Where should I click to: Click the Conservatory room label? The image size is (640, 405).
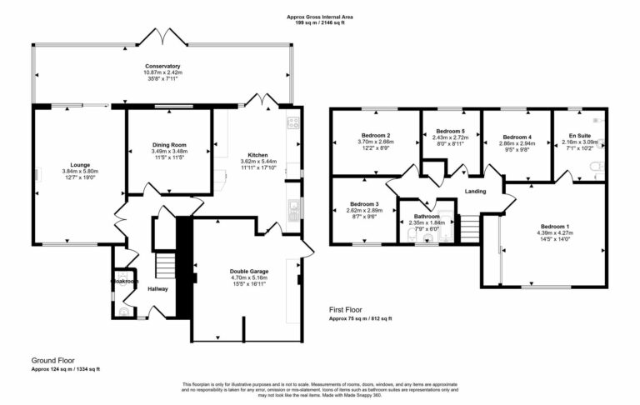click(162, 66)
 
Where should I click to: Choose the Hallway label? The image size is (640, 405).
click(157, 289)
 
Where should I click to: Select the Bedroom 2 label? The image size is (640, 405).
click(376, 135)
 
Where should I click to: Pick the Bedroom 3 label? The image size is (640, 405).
click(364, 204)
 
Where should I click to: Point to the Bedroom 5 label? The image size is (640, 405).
click(451, 131)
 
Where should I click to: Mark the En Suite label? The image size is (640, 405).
click(580, 135)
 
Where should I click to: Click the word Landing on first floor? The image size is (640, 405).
click(476, 191)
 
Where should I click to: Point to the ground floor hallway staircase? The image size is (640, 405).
click(166, 267)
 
